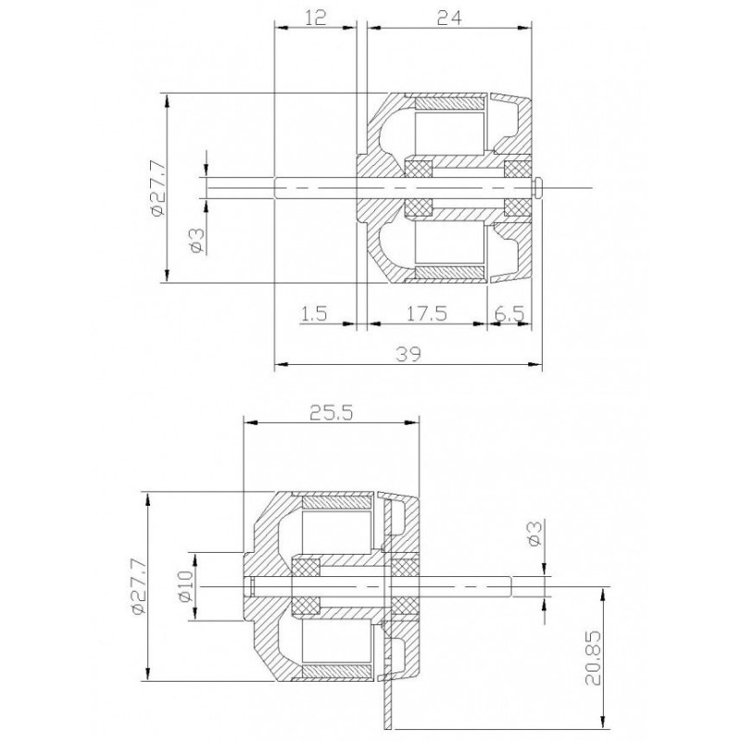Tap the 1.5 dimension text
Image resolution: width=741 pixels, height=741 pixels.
pos(315,313)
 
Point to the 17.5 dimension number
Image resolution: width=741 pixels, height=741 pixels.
pos(426,313)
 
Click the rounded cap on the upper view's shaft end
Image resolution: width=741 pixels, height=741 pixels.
pos(539,186)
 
